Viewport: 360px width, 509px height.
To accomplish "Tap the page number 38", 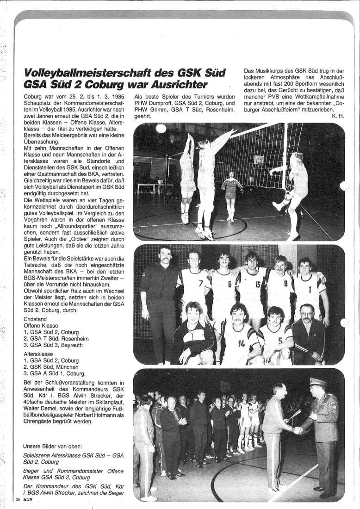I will point(17,500).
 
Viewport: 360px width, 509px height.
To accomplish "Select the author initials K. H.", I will point(338,116).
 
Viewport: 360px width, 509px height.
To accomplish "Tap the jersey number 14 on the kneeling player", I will point(241,343).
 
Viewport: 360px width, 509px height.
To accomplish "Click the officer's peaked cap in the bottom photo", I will point(318,382).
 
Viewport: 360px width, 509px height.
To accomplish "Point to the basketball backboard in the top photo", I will point(259,160).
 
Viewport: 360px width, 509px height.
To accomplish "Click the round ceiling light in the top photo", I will point(161,128).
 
